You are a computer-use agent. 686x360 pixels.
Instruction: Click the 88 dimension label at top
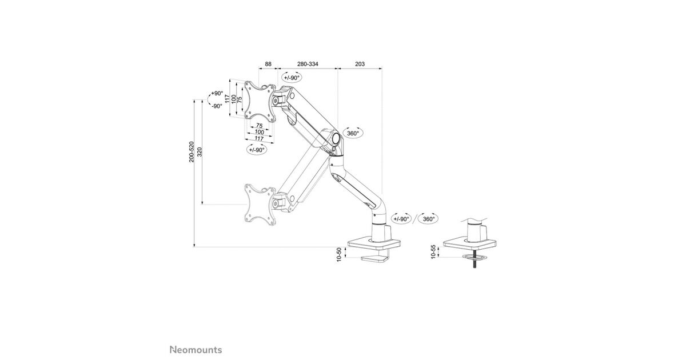tap(268, 64)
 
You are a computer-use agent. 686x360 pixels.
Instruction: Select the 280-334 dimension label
tap(308, 64)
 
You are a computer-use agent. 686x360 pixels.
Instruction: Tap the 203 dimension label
tap(360, 64)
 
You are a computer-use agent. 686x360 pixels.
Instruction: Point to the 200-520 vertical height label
tap(192, 152)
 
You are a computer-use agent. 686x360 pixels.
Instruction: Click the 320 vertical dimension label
tap(200, 152)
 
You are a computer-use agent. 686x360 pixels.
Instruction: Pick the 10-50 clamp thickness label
tap(338, 255)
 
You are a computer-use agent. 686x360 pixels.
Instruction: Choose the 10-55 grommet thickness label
tap(433, 251)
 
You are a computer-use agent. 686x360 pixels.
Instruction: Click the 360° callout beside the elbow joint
tap(353, 133)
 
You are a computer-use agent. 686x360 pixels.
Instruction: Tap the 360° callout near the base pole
tap(428, 219)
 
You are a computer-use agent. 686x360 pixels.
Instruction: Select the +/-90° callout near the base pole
tap(401, 219)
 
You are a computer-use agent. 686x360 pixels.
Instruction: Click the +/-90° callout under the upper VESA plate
tap(257, 150)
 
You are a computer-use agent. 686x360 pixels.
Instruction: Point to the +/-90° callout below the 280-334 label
tap(292, 78)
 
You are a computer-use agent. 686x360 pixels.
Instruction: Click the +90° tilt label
tap(217, 93)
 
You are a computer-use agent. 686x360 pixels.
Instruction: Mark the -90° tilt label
tap(217, 106)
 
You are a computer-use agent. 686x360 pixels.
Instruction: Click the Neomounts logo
tap(196, 350)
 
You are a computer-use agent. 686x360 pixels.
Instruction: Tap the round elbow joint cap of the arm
tap(336, 138)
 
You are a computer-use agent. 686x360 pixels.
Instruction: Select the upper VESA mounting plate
tap(260, 101)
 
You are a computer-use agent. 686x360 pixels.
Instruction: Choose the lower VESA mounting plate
tap(260, 204)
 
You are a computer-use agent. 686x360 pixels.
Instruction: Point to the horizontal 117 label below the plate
tap(259, 139)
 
